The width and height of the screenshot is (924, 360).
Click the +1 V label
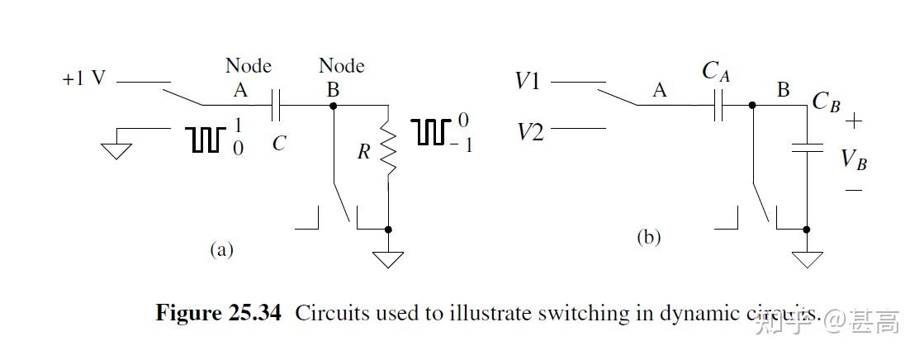point(83,80)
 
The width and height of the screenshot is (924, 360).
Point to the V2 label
point(529,131)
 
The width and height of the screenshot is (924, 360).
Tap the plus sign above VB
point(853,121)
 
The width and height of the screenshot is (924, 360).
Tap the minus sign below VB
point(854,191)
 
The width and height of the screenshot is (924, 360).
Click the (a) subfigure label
point(221,249)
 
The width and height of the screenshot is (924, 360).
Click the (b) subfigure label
point(648,238)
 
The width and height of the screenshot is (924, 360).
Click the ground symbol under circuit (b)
point(807,258)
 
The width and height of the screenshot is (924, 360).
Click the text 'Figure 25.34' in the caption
point(219,314)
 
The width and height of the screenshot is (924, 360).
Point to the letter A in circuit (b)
point(659,91)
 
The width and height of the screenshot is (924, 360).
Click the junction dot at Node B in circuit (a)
point(333,106)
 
